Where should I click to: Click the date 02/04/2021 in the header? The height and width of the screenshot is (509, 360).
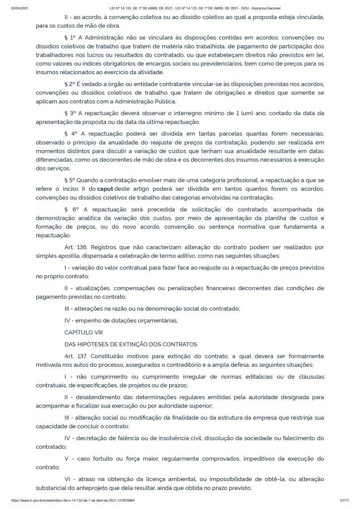[x=19, y=8]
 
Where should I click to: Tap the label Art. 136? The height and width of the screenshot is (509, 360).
[x=76, y=247]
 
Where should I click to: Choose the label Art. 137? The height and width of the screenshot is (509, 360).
[x=76, y=356]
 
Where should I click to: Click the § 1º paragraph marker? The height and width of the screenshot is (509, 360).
[x=70, y=38]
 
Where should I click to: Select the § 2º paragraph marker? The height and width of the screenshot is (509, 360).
[x=70, y=84]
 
